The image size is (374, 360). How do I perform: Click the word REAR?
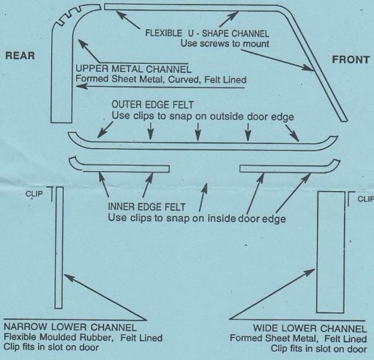point(20,56)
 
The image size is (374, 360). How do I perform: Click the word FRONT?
point(351,60)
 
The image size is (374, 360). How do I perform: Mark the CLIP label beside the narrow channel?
point(33,193)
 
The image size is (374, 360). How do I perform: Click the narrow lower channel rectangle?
point(60,248)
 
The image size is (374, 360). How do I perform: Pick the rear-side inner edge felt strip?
point(122,167)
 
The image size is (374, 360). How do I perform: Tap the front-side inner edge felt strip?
point(286,167)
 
